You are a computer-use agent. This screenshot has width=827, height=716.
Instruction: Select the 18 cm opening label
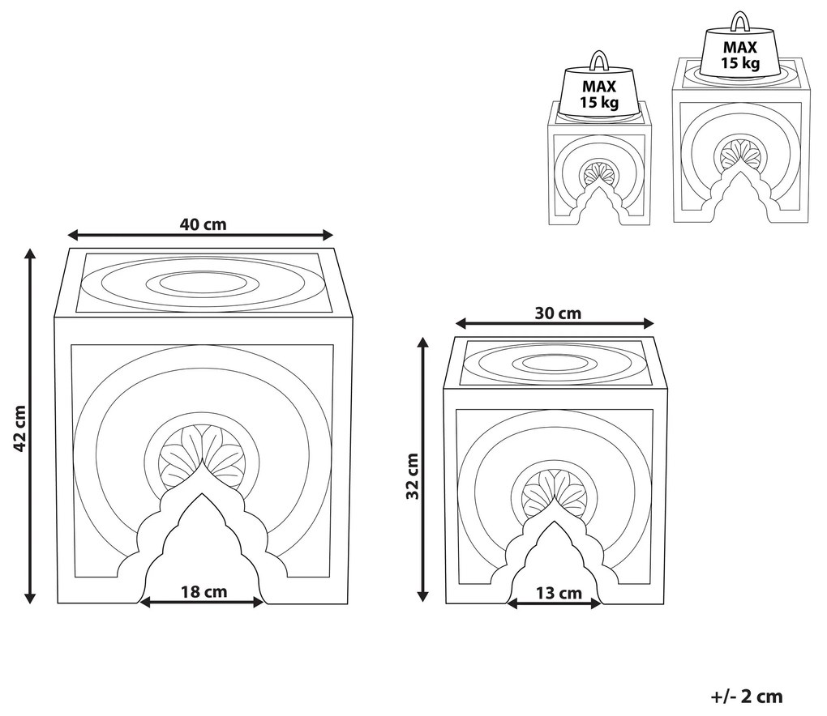[204, 591]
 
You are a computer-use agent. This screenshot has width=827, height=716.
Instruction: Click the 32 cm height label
[412, 475]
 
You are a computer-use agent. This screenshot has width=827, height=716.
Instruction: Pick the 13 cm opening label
[559, 593]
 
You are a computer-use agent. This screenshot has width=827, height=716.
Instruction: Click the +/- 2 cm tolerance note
[747, 695]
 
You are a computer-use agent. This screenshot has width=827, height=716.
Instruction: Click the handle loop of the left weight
[598, 62]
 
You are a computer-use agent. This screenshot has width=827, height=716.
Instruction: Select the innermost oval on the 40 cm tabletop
[203, 283]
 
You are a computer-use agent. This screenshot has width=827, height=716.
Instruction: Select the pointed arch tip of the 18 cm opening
[201, 497]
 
